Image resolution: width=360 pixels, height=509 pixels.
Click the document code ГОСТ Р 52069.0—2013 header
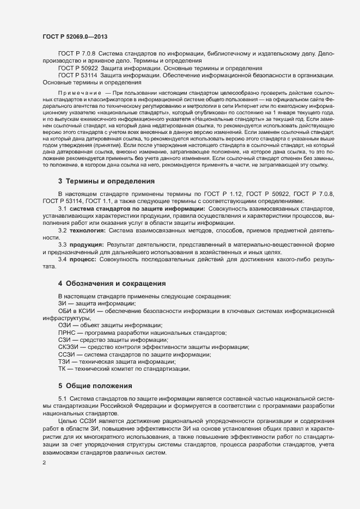(x=78, y=36)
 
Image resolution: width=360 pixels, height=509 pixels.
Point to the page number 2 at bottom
(x=44, y=463)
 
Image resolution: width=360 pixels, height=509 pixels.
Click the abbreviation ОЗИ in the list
(x=65, y=325)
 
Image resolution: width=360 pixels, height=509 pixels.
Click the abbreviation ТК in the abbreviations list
(x=62, y=369)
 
